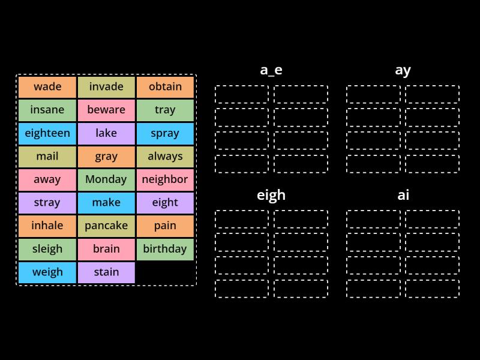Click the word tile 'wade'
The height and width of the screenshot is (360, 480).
[x=47, y=87]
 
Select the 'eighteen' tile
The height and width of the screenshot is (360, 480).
[x=47, y=133]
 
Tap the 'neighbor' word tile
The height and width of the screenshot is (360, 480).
[x=165, y=179]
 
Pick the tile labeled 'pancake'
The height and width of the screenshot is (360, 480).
[x=106, y=226]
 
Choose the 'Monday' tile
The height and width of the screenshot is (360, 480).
[x=106, y=179]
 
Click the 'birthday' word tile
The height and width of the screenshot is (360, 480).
[x=165, y=249]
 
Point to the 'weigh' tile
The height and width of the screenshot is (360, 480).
[x=47, y=272]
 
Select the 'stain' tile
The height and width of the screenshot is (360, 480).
[x=106, y=272]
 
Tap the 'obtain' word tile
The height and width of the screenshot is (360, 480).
[x=165, y=87]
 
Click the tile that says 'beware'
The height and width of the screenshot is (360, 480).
[x=106, y=110]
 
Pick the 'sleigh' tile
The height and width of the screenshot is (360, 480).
[x=47, y=249]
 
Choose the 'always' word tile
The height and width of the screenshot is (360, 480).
[x=165, y=157]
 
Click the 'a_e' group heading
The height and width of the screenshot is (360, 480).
[x=271, y=70]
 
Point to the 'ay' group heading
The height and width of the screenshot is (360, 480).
[x=403, y=71]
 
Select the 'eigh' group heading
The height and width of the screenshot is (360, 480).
[x=271, y=196]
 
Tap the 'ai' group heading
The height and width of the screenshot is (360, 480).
[x=403, y=195]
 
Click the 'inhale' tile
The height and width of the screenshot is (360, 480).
[x=47, y=226]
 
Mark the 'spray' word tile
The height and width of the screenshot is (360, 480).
[x=165, y=133]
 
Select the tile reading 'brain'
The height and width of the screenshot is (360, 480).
[x=106, y=249]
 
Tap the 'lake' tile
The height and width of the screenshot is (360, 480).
[x=106, y=133]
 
